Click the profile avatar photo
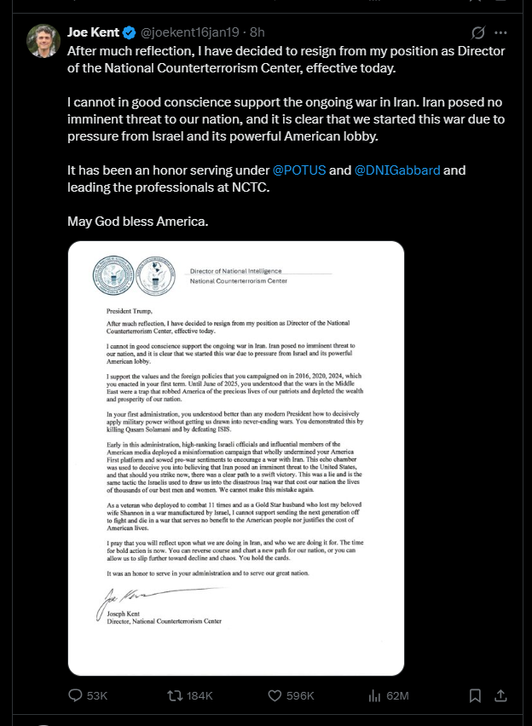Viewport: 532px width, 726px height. pos(43,40)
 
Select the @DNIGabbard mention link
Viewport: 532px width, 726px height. pos(397,170)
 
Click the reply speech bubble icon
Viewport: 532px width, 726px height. pos(75,695)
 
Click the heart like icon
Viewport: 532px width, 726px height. pos(274,695)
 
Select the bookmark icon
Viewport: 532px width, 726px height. pos(476,695)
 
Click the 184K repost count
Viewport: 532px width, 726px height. pos(199,695)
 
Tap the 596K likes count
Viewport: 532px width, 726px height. pos(300,695)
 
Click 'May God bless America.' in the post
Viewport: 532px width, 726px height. pos(136,222)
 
